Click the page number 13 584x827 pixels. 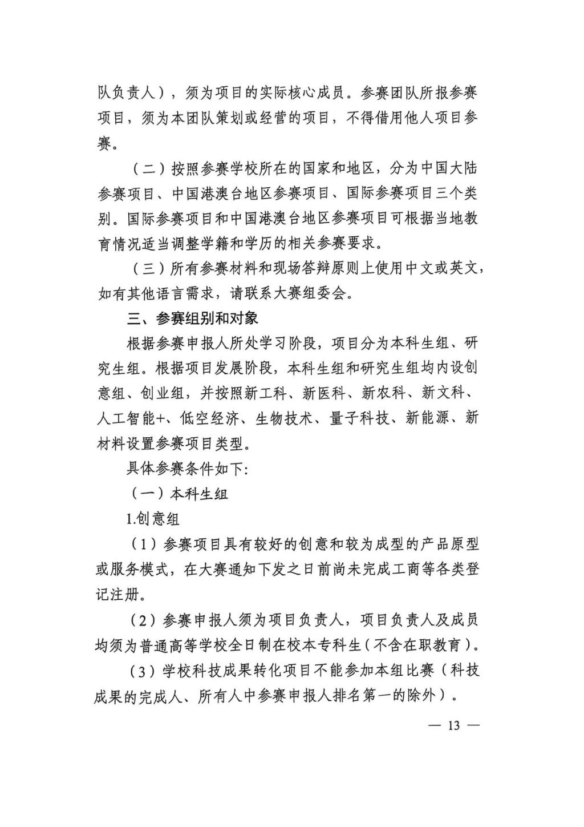pyautogui.click(x=453, y=725)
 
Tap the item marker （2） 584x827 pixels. pyautogui.click(x=143, y=620)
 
